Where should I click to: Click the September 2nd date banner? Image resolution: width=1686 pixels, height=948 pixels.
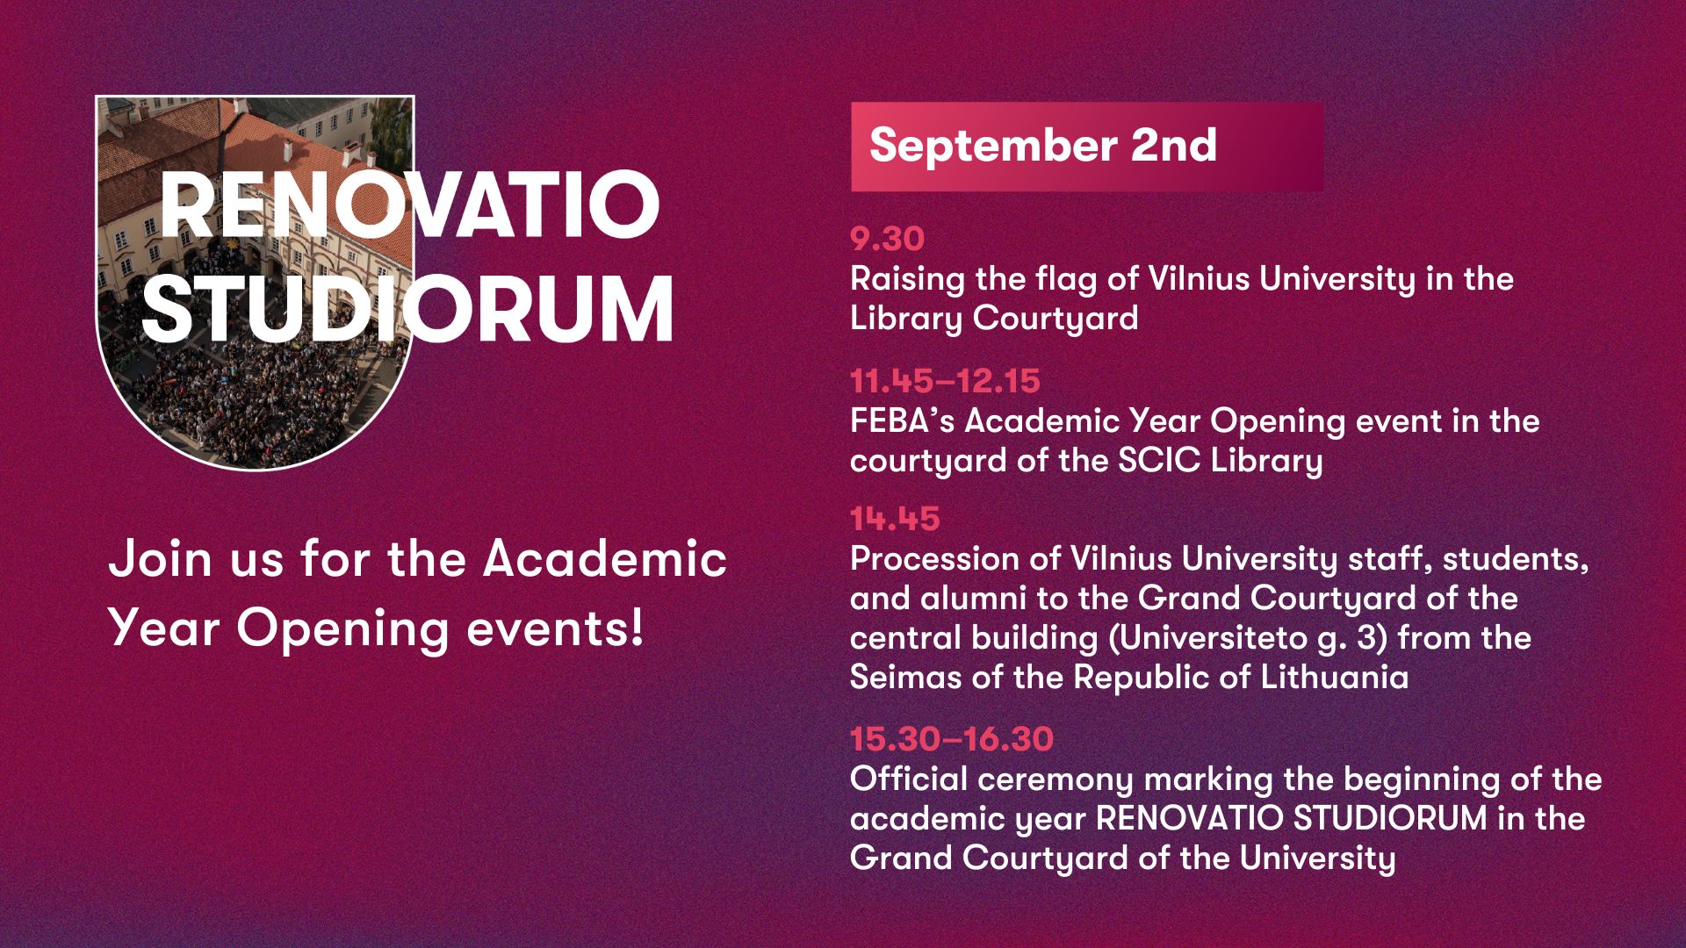tap(1086, 147)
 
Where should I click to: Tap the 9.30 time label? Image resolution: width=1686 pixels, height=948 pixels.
tap(887, 239)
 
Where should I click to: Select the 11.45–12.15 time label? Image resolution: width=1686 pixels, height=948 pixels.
tap(945, 381)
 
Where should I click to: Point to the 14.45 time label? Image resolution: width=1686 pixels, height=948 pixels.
tap(895, 519)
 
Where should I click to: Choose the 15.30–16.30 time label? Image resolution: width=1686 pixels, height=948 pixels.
tap(952, 739)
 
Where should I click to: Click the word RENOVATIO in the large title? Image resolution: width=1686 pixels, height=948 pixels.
tap(409, 204)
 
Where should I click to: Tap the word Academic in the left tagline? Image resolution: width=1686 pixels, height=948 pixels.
tap(605, 559)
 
